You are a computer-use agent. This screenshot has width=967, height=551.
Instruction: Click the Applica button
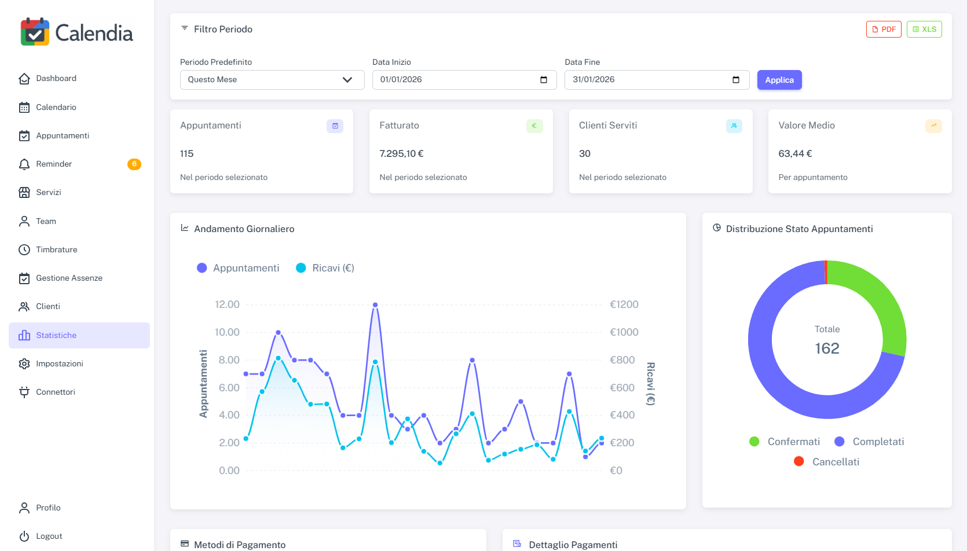[779, 80]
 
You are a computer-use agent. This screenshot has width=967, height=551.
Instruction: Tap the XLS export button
[924, 30]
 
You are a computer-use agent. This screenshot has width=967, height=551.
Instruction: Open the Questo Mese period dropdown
[272, 80]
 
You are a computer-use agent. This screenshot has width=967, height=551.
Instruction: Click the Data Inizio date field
[457, 80]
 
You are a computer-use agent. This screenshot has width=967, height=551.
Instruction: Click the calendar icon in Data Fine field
[736, 80]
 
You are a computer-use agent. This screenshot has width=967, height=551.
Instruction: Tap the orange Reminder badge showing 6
[134, 164]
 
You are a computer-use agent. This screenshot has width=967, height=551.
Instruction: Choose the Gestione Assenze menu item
[69, 278]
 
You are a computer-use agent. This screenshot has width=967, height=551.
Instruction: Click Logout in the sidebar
[49, 537]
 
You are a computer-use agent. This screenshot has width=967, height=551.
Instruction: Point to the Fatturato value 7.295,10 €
[401, 154]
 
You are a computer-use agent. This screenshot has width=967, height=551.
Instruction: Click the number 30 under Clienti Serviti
[585, 154]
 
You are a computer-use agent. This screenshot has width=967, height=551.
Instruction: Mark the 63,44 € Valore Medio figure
[795, 154]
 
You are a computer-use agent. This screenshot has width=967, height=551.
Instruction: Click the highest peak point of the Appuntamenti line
[375, 304]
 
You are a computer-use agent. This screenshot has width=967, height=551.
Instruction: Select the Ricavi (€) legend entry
[325, 268]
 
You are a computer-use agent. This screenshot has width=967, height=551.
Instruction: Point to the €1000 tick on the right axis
[624, 332]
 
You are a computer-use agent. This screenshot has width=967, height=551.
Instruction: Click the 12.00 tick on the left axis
[227, 304]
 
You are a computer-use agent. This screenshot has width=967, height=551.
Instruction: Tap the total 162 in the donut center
[827, 348]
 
